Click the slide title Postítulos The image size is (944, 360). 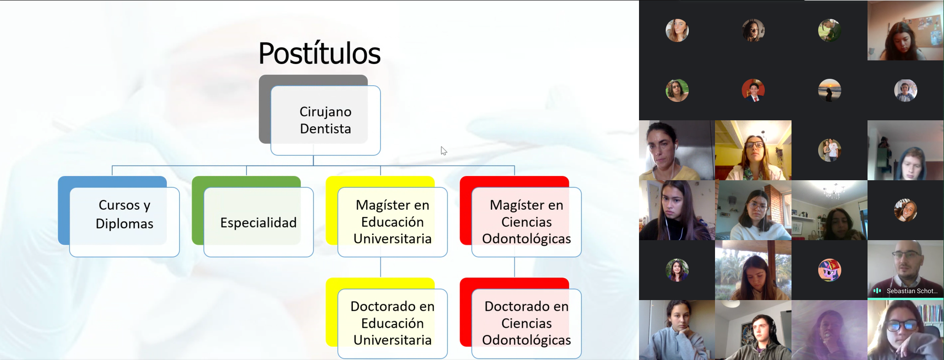coord(319,53)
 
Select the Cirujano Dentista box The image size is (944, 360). coord(325,120)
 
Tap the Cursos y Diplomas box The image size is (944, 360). coord(124,222)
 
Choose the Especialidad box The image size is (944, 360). coord(258,222)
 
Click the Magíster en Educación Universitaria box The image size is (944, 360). coord(393,222)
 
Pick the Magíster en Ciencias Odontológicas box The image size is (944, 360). coord(527,222)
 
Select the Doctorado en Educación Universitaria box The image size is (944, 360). coord(393,324)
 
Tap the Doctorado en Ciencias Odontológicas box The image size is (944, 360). coord(527,324)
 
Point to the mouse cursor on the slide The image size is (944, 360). coord(443,151)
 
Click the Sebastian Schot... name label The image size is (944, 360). coord(912,291)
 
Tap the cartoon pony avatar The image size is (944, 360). coord(829,270)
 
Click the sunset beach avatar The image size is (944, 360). coord(829,90)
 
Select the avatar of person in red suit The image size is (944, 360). coord(753,90)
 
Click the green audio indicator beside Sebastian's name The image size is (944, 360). coord(877,291)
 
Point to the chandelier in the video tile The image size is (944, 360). coord(833,190)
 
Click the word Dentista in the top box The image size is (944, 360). coord(325,129)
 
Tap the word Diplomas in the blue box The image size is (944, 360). coord(124,224)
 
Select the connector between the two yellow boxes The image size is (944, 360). coord(381,267)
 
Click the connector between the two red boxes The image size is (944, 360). coord(515,267)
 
